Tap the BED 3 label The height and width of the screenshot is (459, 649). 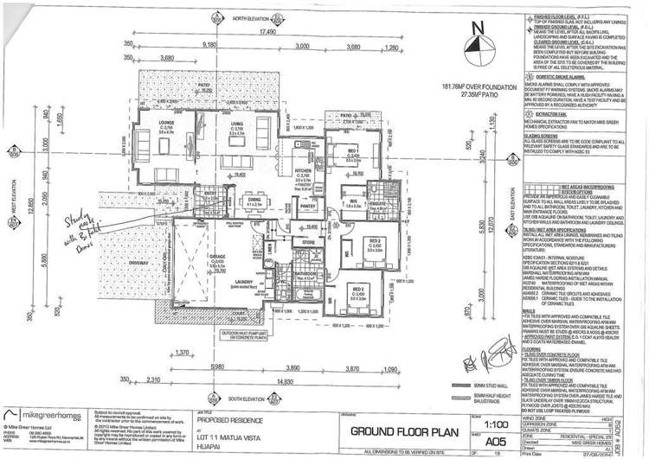pos(357,286)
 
